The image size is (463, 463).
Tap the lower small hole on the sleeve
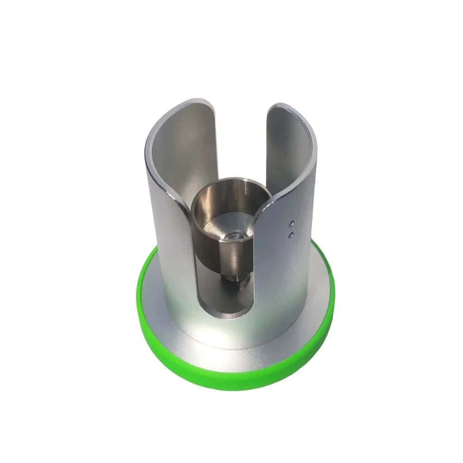click(x=291, y=234)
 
